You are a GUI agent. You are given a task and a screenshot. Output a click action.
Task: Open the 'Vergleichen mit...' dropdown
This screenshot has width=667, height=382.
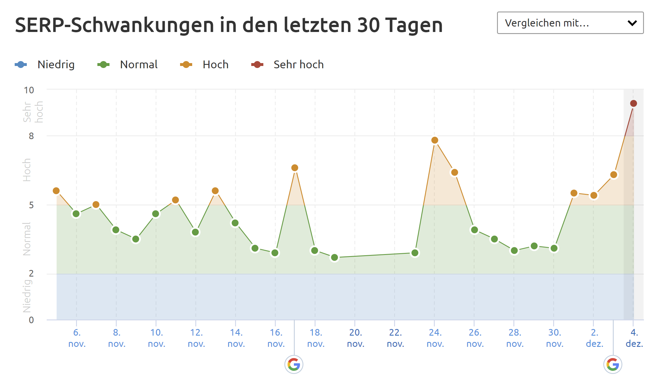click(570, 23)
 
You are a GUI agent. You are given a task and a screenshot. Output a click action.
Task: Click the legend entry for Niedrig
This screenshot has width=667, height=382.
click(45, 65)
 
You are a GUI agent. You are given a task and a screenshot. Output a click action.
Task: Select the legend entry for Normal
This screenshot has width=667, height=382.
click(127, 65)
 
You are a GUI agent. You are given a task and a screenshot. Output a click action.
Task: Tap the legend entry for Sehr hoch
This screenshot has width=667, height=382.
click(287, 65)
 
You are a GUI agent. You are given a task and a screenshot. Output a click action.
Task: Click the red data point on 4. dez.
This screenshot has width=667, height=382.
click(633, 103)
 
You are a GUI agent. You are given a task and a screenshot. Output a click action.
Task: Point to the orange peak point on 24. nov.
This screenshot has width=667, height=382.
click(435, 140)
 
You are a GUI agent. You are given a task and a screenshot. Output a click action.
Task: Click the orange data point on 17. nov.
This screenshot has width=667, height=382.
click(294, 168)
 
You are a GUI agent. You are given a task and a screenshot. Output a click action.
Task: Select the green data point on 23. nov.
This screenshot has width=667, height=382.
click(415, 253)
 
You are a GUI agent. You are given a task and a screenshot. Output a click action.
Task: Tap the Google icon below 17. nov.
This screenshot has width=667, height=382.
click(294, 364)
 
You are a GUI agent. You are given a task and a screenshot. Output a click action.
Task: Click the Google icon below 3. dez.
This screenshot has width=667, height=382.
click(613, 364)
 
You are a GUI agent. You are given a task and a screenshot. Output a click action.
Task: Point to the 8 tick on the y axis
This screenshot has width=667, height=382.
click(31, 136)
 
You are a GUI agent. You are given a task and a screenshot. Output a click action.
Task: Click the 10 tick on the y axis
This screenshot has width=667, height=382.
click(29, 90)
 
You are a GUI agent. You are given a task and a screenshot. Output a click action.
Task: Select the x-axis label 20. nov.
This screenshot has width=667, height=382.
click(356, 338)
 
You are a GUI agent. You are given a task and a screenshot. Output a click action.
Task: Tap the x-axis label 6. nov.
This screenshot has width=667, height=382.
click(77, 338)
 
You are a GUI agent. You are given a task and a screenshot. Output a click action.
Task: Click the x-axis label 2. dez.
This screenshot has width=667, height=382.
click(594, 338)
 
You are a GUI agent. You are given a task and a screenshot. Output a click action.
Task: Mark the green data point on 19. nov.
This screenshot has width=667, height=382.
click(335, 258)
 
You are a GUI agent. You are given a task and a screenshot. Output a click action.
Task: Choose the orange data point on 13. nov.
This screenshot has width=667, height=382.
click(215, 191)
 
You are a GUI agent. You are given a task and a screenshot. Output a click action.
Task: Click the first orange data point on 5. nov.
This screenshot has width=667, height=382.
click(56, 191)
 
